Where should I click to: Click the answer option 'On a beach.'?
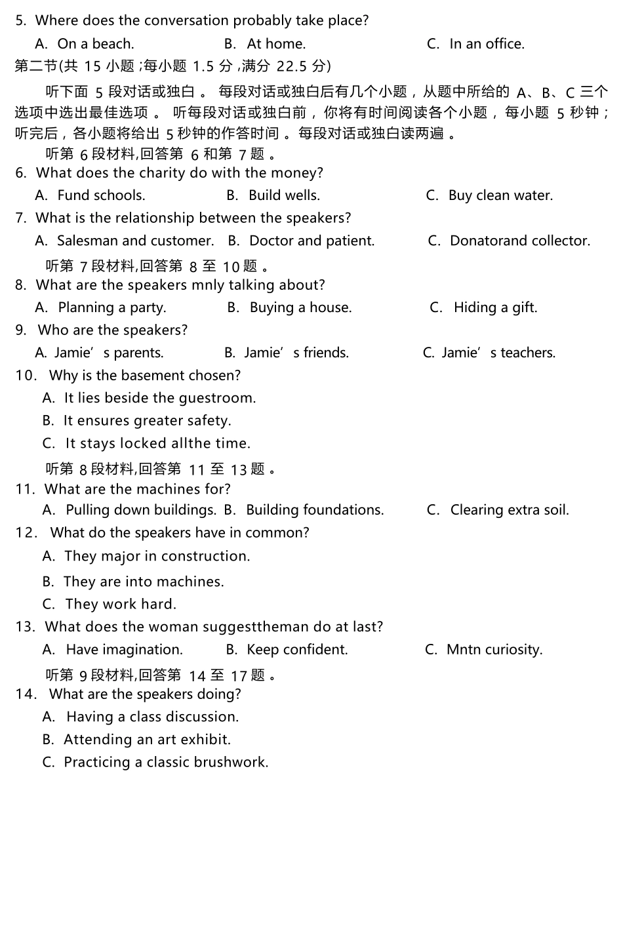[95, 44]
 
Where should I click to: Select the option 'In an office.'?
[487, 44]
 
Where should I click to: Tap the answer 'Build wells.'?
[284, 195]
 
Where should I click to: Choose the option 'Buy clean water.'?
[500, 195]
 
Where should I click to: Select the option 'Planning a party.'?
[111, 308]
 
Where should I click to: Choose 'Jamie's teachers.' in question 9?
[498, 353]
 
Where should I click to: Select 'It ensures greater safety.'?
[147, 421]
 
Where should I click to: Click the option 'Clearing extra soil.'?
[510, 510]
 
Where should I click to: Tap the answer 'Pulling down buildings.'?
[140, 510]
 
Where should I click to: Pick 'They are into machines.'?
[143, 582]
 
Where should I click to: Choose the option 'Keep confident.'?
[297, 650]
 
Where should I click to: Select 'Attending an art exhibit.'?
[147, 740]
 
